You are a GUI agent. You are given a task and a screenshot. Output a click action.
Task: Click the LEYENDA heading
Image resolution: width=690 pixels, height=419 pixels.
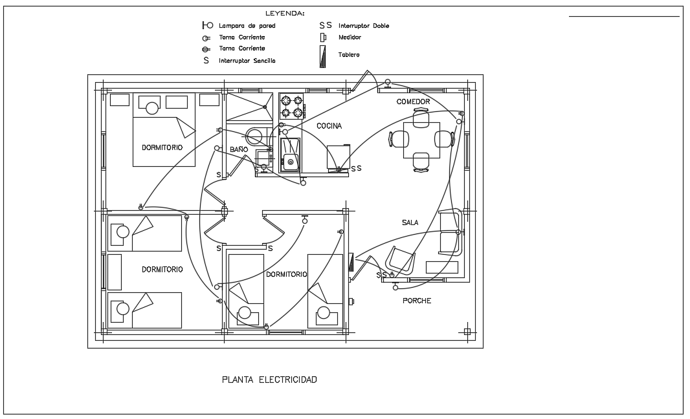[x=285, y=13]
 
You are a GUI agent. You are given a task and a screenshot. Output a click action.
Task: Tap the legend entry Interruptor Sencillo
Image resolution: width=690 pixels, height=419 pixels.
[x=247, y=60]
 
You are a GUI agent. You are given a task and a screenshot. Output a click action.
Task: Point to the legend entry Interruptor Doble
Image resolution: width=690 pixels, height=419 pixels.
[x=364, y=26]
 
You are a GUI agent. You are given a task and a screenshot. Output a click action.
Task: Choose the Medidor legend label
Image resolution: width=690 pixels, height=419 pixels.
[x=350, y=38]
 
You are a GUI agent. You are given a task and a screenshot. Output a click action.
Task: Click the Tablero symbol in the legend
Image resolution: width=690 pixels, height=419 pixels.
[x=322, y=59]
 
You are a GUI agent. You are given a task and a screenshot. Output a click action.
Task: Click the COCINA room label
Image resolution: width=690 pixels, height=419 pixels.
[x=329, y=126]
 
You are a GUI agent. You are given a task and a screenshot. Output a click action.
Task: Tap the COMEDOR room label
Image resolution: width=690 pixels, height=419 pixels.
[x=414, y=102]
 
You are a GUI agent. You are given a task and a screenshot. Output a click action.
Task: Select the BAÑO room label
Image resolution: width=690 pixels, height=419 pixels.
[x=238, y=149]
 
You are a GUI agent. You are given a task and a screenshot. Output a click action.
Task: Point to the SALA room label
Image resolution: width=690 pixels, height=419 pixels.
[x=410, y=222]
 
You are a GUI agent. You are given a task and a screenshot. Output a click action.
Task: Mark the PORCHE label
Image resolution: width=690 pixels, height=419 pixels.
[x=417, y=301]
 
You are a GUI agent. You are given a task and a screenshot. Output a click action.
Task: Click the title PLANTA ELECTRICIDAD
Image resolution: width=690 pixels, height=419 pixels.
[x=269, y=380]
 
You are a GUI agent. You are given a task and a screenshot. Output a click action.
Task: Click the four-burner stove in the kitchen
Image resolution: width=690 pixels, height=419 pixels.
[x=291, y=107]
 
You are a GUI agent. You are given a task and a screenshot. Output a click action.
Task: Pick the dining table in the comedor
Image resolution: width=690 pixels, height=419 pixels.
[x=421, y=140]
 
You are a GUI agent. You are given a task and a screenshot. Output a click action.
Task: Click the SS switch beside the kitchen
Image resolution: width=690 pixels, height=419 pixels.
[x=356, y=168]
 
